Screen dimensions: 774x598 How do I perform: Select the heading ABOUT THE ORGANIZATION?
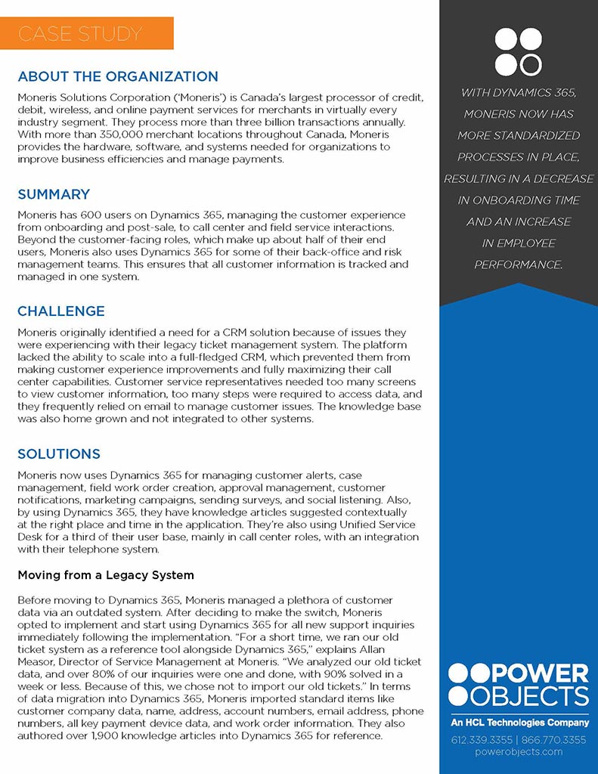[118, 76]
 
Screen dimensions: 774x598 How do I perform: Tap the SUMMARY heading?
[54, 194]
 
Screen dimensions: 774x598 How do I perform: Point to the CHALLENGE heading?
[61, 311]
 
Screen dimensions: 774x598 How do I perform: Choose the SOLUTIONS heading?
[59, 454]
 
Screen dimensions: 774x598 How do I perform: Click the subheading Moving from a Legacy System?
[106, 575]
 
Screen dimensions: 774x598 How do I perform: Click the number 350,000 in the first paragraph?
[132, 135]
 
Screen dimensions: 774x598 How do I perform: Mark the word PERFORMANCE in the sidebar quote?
[519, 265]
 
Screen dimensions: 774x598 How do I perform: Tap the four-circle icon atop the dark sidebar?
[519, 51]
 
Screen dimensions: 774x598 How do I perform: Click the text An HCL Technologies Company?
[519, 723]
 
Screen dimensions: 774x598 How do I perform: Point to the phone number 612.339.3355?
[480, 739]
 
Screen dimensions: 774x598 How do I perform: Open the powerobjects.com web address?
[519, 752]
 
